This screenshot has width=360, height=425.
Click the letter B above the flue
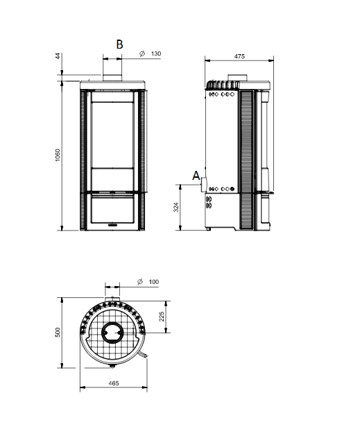(119, 44)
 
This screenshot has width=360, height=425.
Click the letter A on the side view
(196, 176)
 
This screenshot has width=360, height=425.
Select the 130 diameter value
(156, 53)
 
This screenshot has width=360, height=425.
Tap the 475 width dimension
(239, 56)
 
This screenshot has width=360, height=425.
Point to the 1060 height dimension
(58, 155)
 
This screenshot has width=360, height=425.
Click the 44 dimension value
(58, 56)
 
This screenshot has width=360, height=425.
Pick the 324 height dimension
(176, 207)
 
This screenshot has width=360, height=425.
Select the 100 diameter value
(154, 282)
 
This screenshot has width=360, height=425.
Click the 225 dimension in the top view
(162, 316)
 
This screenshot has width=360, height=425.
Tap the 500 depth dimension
(58, 333)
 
